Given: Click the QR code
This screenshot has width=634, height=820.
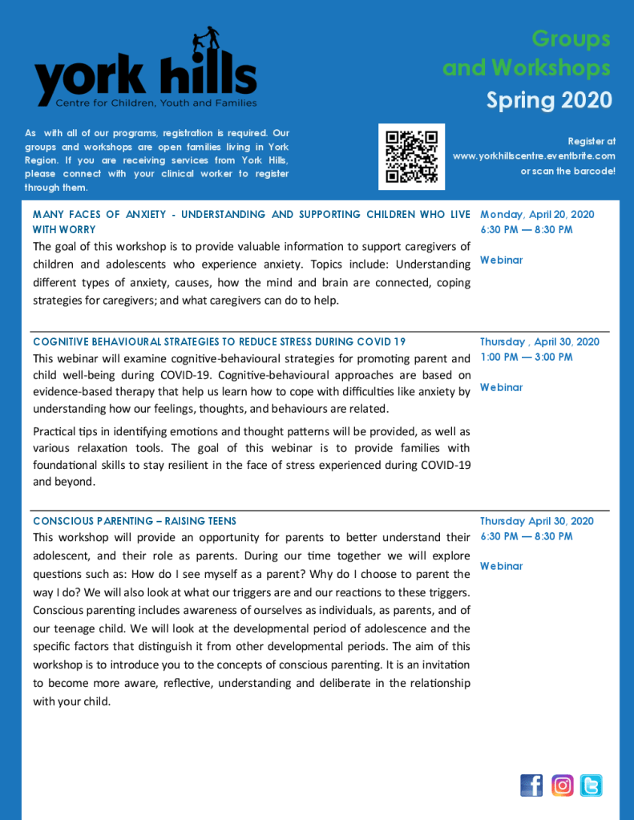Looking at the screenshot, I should tap(411, 156).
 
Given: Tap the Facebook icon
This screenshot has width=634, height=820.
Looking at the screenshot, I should tap(531, 785).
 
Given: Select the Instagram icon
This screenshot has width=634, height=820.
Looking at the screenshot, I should tap(563, 785).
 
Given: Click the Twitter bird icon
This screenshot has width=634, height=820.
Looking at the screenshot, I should tap(592, 785).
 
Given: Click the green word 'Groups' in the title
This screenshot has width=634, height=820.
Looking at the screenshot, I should tap(571, 38).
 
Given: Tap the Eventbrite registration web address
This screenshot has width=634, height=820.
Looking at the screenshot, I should tap(534, 156).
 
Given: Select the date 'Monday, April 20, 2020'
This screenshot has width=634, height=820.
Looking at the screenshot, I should tap(537, 214).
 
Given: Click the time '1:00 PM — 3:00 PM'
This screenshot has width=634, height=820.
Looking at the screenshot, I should tap(526, 357).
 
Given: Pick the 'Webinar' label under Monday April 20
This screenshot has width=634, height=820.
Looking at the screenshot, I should tap(501, 260).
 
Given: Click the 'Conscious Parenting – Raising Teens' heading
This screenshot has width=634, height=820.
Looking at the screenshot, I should tap(135, 521).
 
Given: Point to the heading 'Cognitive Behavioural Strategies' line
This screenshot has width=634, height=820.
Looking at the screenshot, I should tap(219, 341).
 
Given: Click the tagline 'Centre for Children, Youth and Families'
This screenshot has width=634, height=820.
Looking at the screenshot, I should tap(156, 103).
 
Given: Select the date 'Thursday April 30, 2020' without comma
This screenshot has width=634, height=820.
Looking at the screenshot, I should tap(536, 521).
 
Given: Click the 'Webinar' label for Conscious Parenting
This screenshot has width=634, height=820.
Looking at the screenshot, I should tap(501, 566).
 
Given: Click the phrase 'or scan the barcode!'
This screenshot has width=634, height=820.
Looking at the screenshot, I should tap(567, 171).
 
